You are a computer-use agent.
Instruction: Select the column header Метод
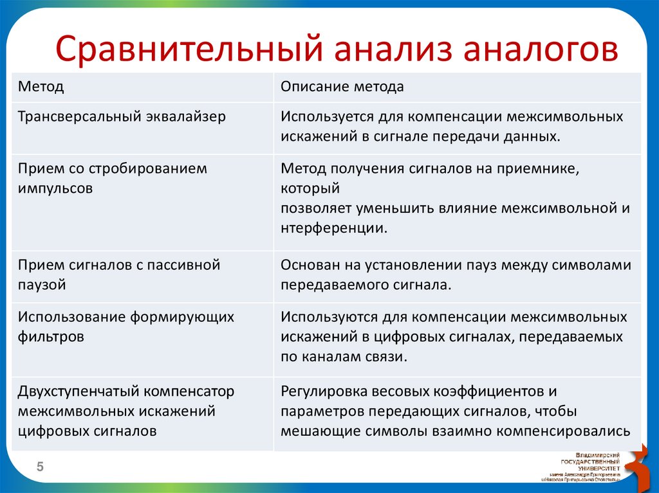tap(41, 87)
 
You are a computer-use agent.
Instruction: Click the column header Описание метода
tap(342, 87)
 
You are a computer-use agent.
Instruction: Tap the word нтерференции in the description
tap(334, 228)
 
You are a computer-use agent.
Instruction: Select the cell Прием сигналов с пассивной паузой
tap(119, 274)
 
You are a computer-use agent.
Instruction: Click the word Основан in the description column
tap(307, 265)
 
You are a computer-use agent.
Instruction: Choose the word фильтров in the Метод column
tap(51, 337)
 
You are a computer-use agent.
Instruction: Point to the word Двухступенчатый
tap(78, 391)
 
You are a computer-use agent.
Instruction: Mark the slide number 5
tap(39, 468)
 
